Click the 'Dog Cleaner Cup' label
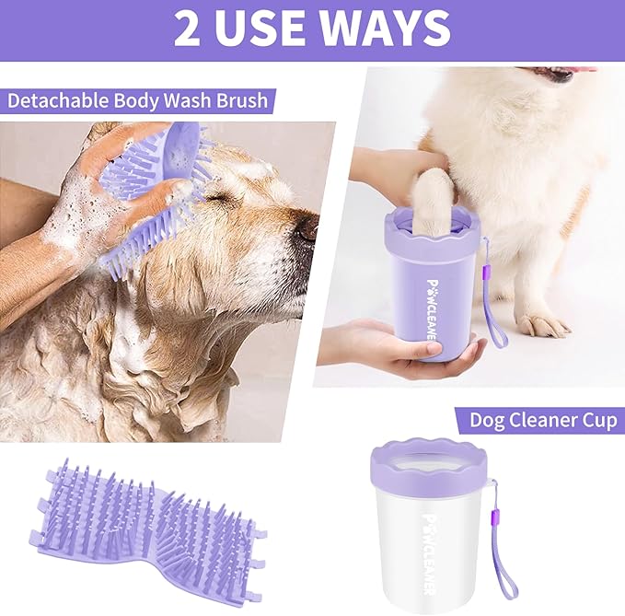[542, 420]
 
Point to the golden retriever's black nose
[306, 229]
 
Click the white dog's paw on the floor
[543, 323]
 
